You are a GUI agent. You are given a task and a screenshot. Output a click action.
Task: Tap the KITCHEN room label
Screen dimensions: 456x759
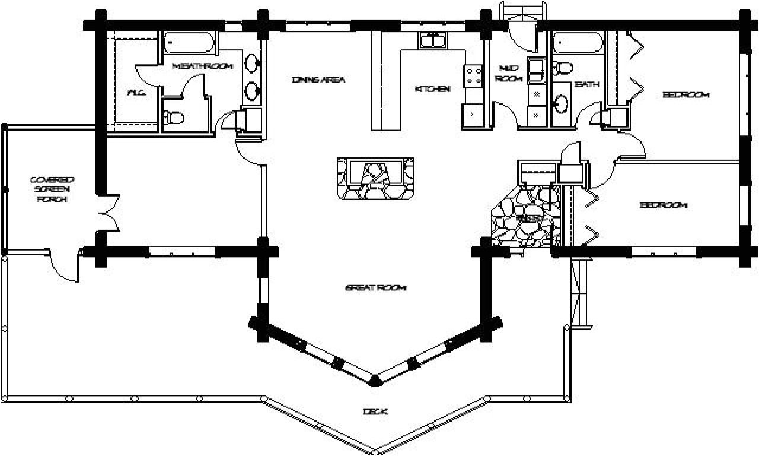432,89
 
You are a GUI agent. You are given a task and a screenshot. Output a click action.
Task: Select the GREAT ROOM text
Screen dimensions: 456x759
375,288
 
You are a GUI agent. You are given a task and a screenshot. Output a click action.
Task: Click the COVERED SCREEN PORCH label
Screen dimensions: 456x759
52,189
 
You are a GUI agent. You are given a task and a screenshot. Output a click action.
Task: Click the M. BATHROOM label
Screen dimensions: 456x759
202,66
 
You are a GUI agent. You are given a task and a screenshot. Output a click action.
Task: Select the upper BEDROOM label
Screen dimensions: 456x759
685,95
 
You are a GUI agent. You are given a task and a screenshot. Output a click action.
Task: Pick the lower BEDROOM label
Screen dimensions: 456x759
663,205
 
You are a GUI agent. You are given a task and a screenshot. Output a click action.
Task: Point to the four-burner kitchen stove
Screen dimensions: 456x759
474,76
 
